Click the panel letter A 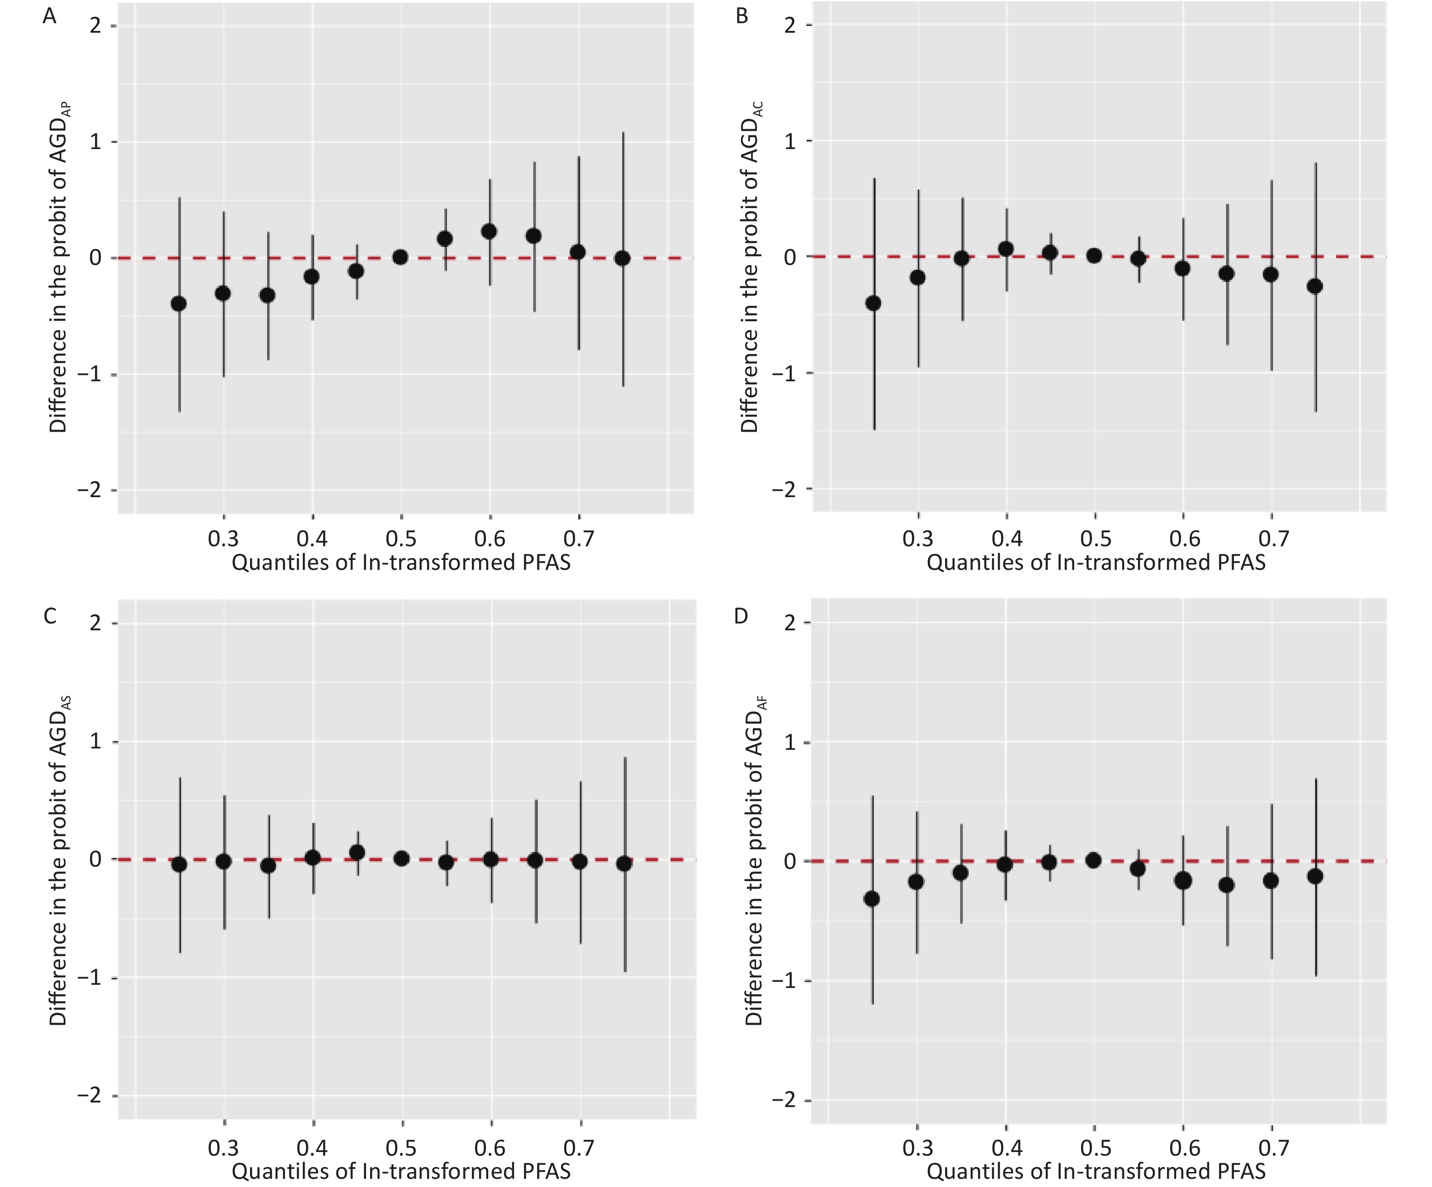pos(49,16)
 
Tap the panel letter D pos(741,616)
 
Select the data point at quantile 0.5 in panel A pos(400,257)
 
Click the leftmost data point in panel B pos(873,303)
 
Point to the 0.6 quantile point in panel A pos(489,232)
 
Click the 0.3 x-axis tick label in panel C pos(223,1147)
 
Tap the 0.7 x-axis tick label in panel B pos(1273,539)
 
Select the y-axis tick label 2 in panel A pos(95,26)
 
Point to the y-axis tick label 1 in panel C pos(95,741)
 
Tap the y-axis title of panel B pos(750,266)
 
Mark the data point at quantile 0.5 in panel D pos(1093,860)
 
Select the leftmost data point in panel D pos(871,898)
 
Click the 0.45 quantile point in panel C pos(356,852)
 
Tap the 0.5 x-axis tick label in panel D pos(1095,1147)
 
